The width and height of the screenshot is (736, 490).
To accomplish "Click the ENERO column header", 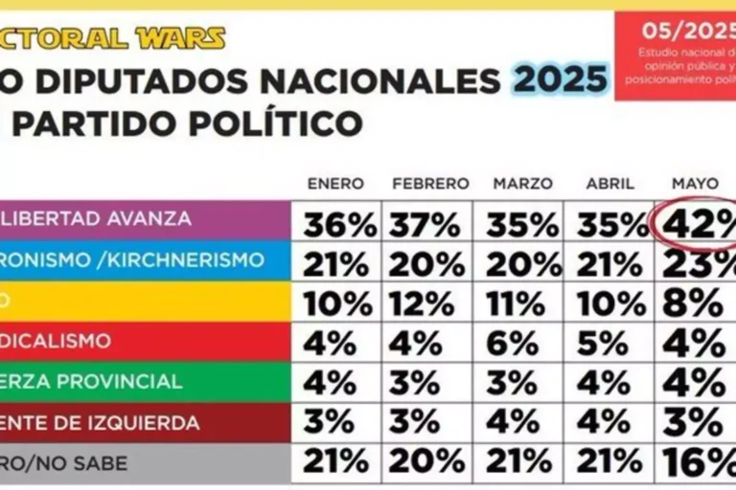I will (336, 183).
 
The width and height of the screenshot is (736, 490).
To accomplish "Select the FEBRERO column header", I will (430, 183).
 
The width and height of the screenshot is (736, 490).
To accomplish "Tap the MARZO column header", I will (522, 183).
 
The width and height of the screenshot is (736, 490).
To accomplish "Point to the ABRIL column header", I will (609, 183).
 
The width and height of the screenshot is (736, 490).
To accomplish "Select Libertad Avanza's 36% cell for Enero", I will (340, 226).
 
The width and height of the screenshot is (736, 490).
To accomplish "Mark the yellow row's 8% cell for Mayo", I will (696, 304).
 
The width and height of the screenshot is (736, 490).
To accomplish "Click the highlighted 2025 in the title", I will (561, 78).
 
